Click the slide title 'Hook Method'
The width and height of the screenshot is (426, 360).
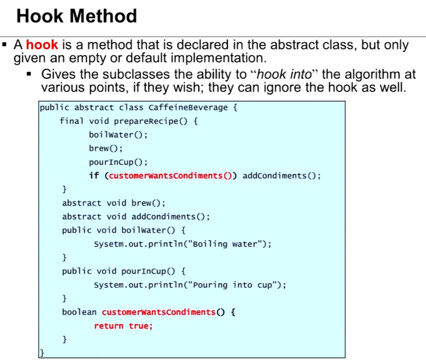click(77, 16)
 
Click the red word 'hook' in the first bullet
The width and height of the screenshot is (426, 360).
click(42, 45)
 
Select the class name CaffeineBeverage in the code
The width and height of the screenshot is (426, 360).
click(188, 108)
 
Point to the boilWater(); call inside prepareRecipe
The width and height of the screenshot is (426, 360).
click(118, 135)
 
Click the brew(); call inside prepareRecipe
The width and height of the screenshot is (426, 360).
click(106, 148)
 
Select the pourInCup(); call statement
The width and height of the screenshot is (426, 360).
click(118, 162)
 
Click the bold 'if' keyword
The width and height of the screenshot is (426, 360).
click(94, 176)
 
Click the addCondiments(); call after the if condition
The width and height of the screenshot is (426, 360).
click(281, 176)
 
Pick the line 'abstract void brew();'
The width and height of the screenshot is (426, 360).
click(113, 203)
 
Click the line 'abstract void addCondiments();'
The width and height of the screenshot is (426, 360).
click(136, 217)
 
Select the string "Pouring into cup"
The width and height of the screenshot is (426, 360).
click(234, 285)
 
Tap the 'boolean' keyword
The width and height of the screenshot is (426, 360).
click(79, 312)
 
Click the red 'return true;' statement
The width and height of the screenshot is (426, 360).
click(123, 326)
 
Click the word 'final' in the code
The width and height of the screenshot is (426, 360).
click(72, 121)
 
